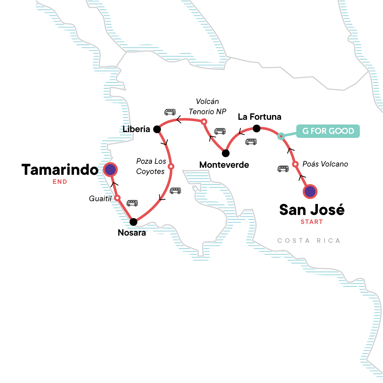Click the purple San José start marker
[310, 192]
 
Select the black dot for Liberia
[157, 129]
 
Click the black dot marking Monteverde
[226, 153]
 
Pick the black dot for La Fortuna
[256, 129]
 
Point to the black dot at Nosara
[133, 222]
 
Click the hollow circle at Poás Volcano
[296, 164]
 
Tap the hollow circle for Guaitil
[117, 198]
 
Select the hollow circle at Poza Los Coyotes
[171, 166]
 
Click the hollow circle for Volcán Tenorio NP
[204, 122]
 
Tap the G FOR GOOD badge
[328, 131]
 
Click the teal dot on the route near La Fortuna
[281, 137]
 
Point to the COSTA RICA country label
[309, 241]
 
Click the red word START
[312, 222]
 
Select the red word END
[60, 182]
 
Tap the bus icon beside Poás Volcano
[283, 169]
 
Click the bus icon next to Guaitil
[132, 203]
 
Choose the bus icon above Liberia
[170, 112]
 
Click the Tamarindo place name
[60, 170]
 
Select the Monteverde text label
[224, 165]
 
